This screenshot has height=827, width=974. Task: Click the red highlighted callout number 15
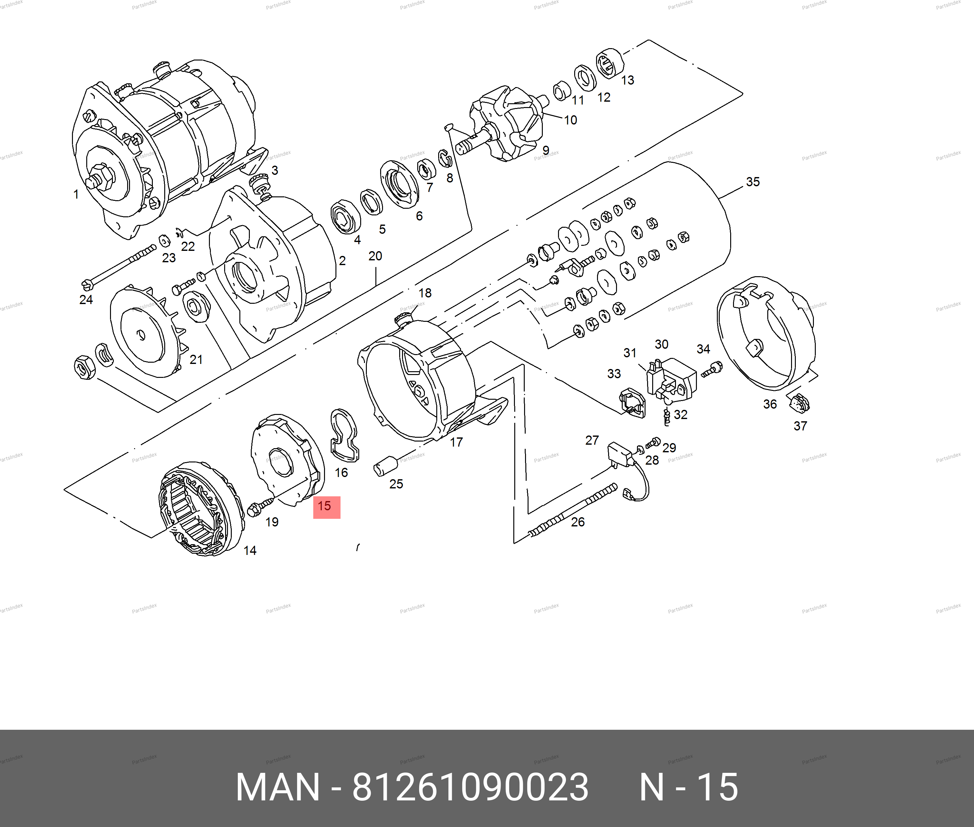pos(324,506)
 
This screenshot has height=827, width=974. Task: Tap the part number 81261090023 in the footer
pos(471,787)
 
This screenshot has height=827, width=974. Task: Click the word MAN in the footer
pos(278,787)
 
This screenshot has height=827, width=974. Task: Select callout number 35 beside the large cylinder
pos(753,182)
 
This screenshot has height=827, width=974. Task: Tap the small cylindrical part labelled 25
pos(386,466)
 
